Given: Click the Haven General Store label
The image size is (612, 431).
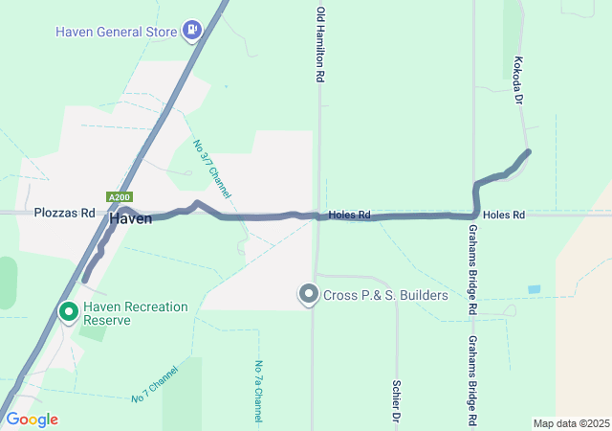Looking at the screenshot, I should click(x=117, y=32).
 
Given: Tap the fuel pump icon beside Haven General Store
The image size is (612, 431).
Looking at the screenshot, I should click(x=193, y=31).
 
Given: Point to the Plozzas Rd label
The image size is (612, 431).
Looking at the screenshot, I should click(x=65, y=213).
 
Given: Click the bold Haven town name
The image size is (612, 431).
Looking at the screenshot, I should click(x=130, y=219).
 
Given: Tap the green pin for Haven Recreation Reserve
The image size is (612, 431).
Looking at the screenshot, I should click(x=69, y=312).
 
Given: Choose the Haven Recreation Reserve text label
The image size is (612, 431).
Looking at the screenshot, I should click(x=136, y=313).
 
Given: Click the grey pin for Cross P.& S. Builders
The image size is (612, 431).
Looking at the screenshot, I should click(x=308, y=294).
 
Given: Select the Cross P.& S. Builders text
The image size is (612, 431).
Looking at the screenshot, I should click(x=385, y=295).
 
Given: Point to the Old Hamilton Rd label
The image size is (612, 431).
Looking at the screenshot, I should click(x=320, y=45).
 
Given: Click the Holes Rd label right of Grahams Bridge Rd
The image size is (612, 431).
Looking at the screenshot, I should click(x=504, y=215).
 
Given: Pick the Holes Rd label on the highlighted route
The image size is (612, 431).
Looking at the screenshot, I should click(x=349, y=215).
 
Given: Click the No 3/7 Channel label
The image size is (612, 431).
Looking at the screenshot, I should click(x=212, y=164).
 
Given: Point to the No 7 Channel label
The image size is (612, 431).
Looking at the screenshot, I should click(x=155, y=383).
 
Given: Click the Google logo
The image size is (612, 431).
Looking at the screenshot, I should click(x=32, y=420).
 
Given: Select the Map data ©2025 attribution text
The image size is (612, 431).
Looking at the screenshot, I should click(x=571, y=423).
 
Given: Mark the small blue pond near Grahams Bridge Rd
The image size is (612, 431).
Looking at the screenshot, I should click(x=534, y=289).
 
